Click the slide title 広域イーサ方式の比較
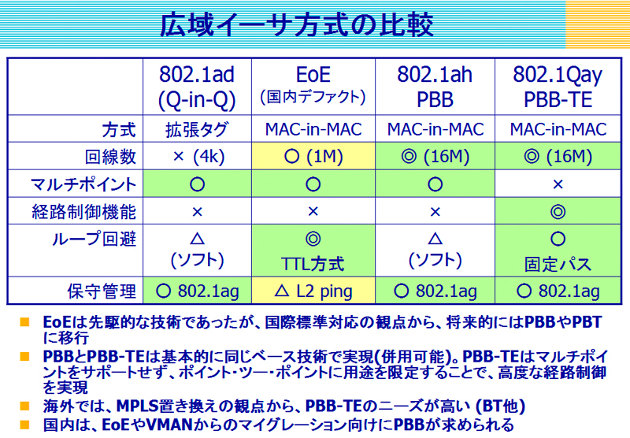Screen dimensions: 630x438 click(x=297, y=24)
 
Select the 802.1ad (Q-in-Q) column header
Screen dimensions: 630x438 click(x=197, y=87)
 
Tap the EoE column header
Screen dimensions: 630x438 click(x=313, y=85)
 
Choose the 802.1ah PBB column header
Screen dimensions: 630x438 click(x=435, y=87)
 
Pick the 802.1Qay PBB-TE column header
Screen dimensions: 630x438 click(x=558, y=87)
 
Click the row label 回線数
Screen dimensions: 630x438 click(x=111, y=156)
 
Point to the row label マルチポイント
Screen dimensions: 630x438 click(x=83, y=184)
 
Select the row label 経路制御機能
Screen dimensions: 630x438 click(x=84, y=211)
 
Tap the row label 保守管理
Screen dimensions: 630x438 click(x=102, y=291)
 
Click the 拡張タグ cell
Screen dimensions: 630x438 click(x=197, y=130)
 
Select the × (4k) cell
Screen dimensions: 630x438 click(x=198, y=156)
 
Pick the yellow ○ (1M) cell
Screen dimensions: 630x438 click(x=313, y=156)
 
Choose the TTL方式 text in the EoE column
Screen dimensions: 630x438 click(x=313, y=264)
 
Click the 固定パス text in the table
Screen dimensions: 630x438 click(x=558, y=264)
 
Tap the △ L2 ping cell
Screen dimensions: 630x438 click(x=313, y=291)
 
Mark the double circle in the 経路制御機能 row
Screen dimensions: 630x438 click(x=558, y=211)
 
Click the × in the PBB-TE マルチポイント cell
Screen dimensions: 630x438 click(x=558, y=184)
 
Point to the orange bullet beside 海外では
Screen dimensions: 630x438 click(x=24, y=406)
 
